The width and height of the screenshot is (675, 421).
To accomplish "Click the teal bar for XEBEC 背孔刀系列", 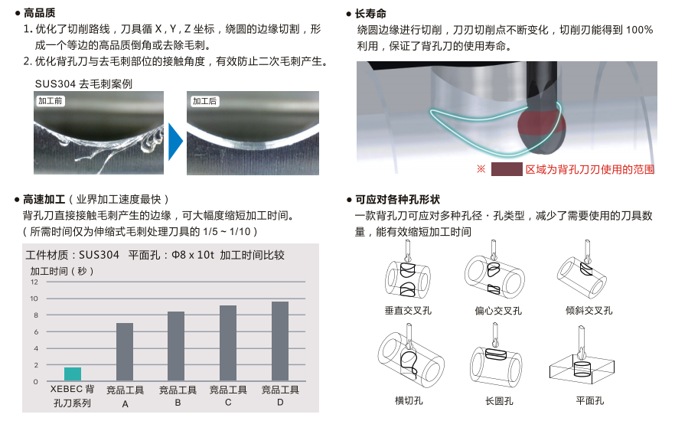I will tap(73, 374).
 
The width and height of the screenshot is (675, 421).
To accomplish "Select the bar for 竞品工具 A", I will tap(125, 352).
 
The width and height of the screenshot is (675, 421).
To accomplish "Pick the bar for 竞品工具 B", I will tap(176, 346).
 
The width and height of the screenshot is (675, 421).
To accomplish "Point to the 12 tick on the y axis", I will tap(34, 282).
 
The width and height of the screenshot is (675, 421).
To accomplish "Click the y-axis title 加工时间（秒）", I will tap(61, 270).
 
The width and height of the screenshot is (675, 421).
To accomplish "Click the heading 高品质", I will tap(40, 13).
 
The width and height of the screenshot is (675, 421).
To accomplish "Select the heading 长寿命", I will tap(371, 13).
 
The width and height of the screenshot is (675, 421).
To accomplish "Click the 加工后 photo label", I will tap(204, 101).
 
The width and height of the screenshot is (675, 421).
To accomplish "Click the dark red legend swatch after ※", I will tap(506, 169).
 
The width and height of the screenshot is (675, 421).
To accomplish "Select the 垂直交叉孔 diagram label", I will tap(408, 310).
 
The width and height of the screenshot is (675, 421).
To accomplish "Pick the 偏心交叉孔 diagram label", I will tap(498, 310).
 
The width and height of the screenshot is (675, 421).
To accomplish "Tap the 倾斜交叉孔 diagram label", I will tap(589, 310).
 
